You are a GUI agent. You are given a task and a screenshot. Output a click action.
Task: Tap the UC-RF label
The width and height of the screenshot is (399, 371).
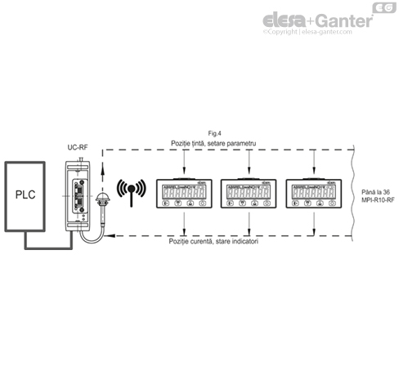tap(78, 147)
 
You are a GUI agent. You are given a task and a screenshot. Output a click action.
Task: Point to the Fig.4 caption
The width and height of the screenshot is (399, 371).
tap(216, 133)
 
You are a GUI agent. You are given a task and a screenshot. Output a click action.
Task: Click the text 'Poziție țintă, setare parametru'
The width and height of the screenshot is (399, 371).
tap(214, 143)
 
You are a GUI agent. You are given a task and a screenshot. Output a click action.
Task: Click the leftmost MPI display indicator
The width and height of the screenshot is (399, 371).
tap(184, 194)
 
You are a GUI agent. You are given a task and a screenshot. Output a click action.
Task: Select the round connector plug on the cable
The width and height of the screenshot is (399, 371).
tap(104, 201)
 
